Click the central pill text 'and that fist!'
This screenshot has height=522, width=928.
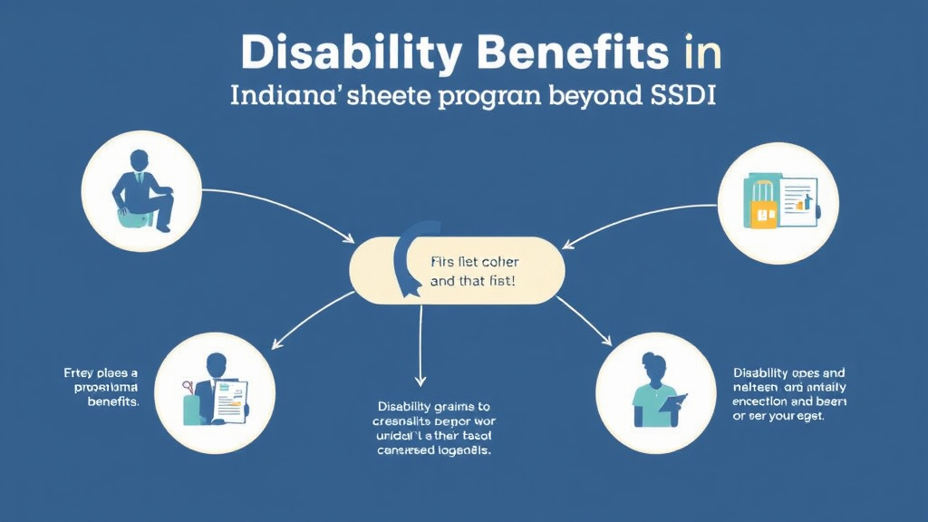(x=472, y=282)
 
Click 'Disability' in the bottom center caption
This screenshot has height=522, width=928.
(x=405, y=407)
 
